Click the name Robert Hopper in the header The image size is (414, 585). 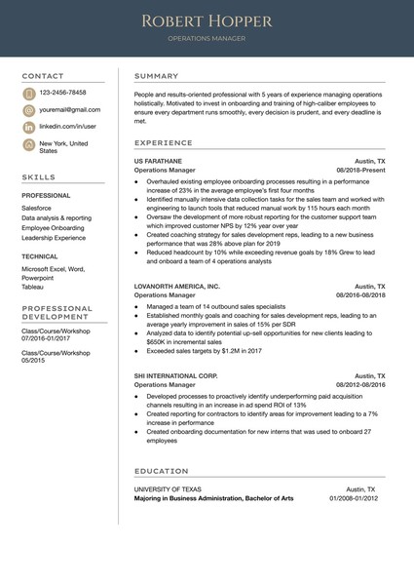point(207,20)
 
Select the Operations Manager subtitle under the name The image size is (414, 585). point(207,39)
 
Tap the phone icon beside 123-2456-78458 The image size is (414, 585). point(29,93)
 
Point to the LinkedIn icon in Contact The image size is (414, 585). point(29,127)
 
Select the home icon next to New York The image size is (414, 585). point(29,144)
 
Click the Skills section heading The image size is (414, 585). point(39,177)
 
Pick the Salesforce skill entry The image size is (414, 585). point(37,208)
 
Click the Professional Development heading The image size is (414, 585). point(56,313)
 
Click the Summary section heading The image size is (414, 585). point(156,76)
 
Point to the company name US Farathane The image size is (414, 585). point(158,160)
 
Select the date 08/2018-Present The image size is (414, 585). point(360,170)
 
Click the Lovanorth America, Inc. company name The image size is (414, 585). point(177,287)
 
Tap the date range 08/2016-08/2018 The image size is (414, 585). point(360,295)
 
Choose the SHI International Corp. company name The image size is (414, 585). point(175,374)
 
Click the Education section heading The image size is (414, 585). point(162,470)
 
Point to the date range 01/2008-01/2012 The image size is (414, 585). point(358,498)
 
